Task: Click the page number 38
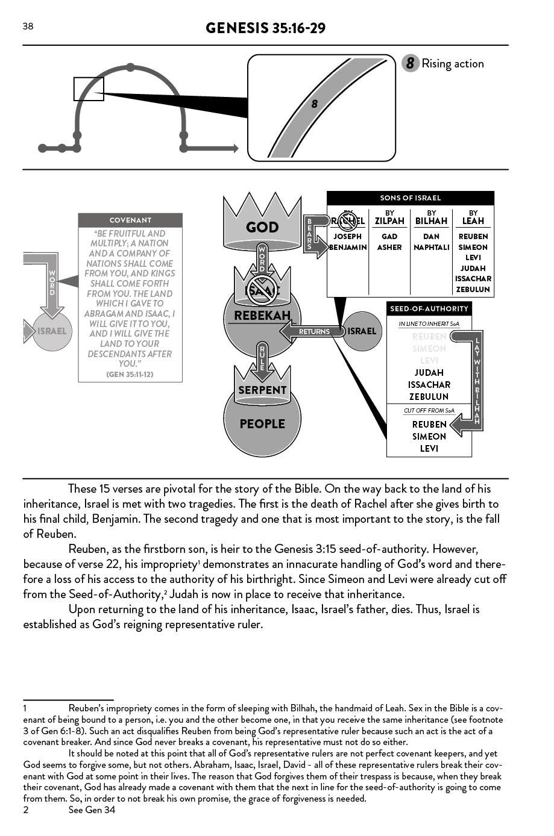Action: (28, 26)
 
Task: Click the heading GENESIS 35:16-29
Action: (265, 28)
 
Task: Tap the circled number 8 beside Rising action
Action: (410, 63)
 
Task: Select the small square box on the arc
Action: (89, 89)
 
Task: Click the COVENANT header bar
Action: (130, 220)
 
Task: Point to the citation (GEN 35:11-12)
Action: (130, 374)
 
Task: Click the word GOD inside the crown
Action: (262, 227)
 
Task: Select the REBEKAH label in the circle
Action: (262, 316)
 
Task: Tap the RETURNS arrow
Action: (310, 331)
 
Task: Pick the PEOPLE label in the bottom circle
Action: (262, 424)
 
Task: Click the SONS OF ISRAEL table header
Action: (410, 198)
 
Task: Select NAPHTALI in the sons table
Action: (431, 248)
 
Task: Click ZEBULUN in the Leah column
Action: (473, 290)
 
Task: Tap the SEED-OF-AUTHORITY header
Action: (429, 309)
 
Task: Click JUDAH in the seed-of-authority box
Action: (429, 373)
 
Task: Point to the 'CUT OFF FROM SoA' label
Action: (429, 411)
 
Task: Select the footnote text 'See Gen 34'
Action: (92, 810)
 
